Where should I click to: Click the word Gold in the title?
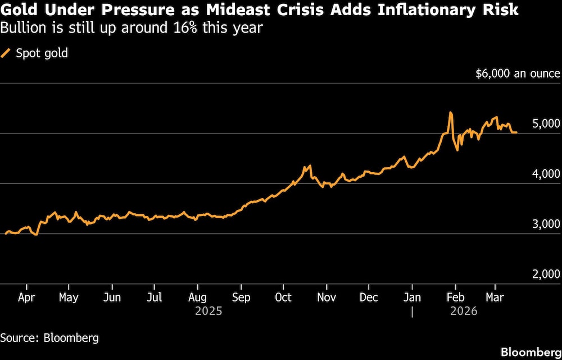pos(17,10)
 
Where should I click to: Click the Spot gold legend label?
pos(42,53)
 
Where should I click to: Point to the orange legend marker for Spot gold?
pos(6,53)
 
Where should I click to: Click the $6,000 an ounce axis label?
pos(518,74)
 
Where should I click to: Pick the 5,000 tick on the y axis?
pos(546,123)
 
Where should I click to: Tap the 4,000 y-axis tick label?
pos(546,174)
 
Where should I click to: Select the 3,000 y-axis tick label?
pos(546,224)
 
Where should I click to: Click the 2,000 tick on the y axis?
pos(546,274)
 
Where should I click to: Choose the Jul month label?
pos(155,297)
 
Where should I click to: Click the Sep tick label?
pos(241,297)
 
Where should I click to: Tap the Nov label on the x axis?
pos(326,297)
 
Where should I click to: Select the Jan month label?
pos(413,297)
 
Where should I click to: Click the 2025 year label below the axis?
pos(209,311)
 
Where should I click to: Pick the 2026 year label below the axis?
pos(463,311)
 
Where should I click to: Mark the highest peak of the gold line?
pos(451,113)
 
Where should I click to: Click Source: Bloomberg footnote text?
pos(49,337)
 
